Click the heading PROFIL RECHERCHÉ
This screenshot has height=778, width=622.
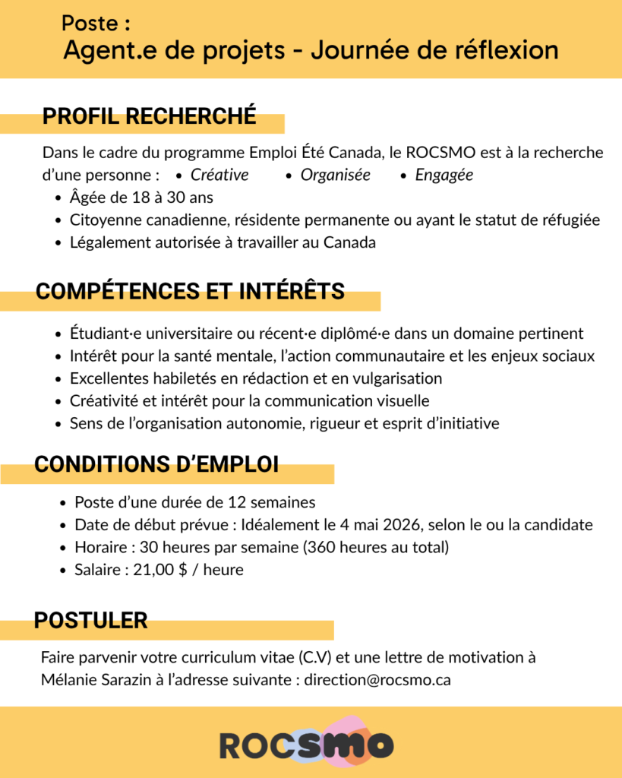point(149,117)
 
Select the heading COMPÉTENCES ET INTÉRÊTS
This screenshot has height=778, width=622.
point(190,291)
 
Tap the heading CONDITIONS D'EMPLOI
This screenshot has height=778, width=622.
point(156,464)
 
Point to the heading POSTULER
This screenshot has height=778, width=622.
point(90,621)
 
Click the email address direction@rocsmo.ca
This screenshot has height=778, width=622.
point(377,680)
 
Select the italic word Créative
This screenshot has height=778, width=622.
point(219,175)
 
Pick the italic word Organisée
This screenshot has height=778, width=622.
point(335,175)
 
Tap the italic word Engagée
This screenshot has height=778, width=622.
point(444,175)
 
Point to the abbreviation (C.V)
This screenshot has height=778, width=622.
point(323,657)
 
